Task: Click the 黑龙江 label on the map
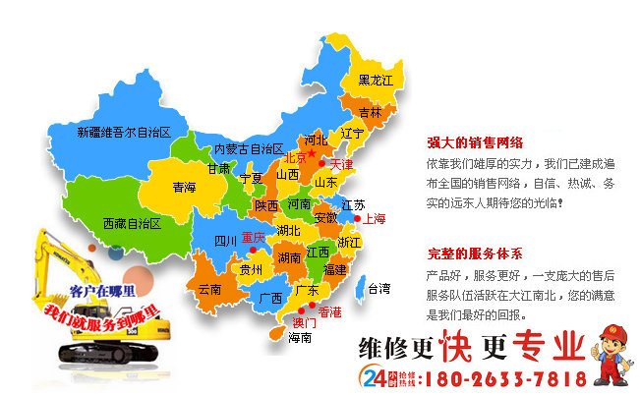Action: (x=376, y=80)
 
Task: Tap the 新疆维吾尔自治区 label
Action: (x=124, y=132)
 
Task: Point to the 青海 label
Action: (x=184, y=187)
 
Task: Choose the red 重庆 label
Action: (x=253, y=237)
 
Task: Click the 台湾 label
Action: (x=378, y=289)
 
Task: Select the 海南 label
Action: (x=300, y=337)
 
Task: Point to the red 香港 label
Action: (x=330, y=311)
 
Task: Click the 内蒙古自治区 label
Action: (x=249, y=149)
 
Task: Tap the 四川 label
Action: (x=225, y=241)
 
